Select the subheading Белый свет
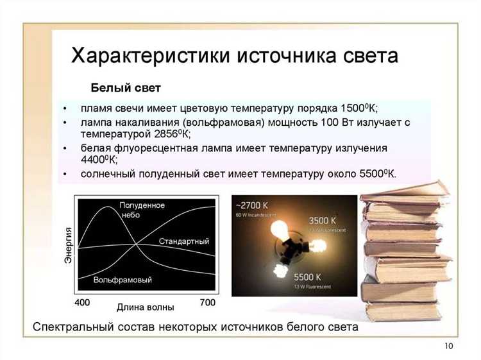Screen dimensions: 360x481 125,87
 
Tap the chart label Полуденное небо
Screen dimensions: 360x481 142,210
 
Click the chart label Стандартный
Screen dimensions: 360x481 183,241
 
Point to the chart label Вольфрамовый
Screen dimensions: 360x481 122,280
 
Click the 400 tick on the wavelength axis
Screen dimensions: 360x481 83,302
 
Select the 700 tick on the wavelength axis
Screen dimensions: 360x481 207,302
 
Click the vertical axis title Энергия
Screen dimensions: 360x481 68,246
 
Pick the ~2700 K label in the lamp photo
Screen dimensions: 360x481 252,205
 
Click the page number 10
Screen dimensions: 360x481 448,347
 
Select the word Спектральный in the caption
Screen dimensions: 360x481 72,327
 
